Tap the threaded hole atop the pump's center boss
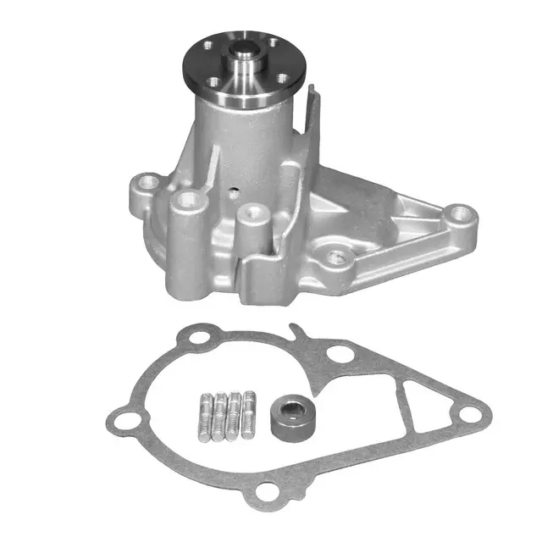[249, 212]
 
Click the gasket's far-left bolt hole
[124, 418]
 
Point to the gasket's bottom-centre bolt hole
[271, 495]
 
